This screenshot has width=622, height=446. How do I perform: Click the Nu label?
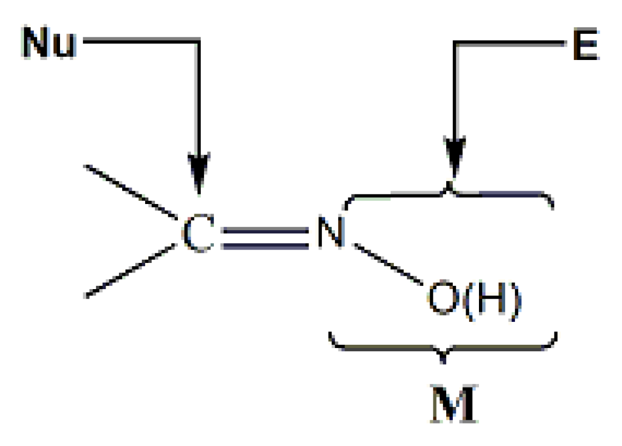(x=49, y=42)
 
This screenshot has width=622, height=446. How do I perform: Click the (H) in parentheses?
(x=493, y=302)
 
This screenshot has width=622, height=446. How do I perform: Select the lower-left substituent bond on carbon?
(x=132, y=271)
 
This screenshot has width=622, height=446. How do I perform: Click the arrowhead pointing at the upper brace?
(x=454, y=155)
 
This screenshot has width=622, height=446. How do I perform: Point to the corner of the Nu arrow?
(x=199, y=40)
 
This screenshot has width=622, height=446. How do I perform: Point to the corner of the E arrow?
(x=454, y=43)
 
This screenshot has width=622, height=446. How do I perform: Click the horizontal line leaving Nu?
(x=139, y=40)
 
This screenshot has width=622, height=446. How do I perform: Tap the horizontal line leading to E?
(x=509, y=43)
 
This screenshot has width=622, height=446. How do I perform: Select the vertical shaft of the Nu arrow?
(x=199, y=96)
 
